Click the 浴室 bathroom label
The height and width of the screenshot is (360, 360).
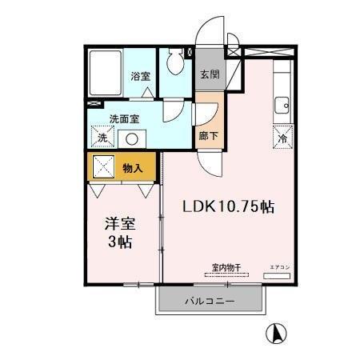tap(141, 77)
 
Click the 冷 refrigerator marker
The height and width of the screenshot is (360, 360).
tap(283, 137)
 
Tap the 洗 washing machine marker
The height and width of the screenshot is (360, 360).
tap(102, 138)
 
